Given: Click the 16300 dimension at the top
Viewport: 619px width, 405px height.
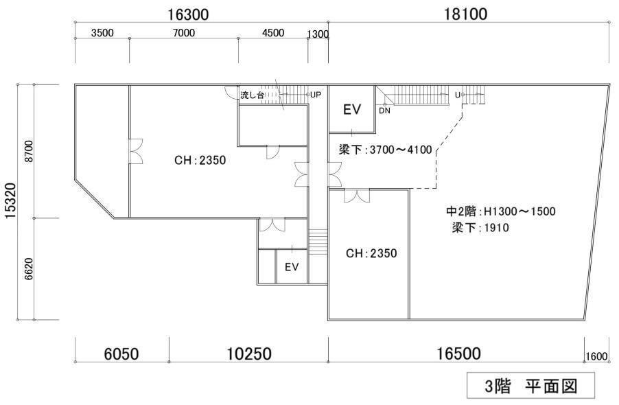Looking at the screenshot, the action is coord(188,14).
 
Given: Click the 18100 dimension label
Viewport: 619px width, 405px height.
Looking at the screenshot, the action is coord(465,14).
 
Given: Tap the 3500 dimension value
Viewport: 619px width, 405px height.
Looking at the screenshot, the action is coord(102,33).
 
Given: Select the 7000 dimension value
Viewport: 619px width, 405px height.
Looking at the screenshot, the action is coord(184,33).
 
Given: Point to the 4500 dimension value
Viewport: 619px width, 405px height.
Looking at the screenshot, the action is coord(273,33).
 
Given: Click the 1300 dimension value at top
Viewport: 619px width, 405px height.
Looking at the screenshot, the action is coord(318,34).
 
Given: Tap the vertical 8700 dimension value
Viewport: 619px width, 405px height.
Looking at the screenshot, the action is coord(29,151).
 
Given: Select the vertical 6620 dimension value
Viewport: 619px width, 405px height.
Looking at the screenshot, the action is coord(29,269).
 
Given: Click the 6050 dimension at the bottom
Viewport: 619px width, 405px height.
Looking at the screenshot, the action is coord(121,354).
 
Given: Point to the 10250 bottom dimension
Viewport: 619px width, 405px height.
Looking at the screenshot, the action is coord(248,354).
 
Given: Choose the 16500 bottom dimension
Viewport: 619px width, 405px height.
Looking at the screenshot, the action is coord(458,354).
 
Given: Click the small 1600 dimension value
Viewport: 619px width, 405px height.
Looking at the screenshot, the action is coord(596,356).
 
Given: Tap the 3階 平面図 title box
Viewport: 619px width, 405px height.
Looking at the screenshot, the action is coord(531,386).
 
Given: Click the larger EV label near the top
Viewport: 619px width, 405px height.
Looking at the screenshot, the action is coord(352,109).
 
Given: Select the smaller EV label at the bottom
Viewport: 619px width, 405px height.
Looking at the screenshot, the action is coord(292,267).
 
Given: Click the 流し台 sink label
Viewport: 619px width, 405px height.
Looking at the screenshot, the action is coord(253,95).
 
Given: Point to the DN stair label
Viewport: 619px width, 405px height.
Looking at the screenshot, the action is coord(384,111).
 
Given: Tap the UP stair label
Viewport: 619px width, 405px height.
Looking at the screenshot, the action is coord(316,95).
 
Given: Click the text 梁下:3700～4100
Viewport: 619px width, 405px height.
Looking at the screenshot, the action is coord(385,150).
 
